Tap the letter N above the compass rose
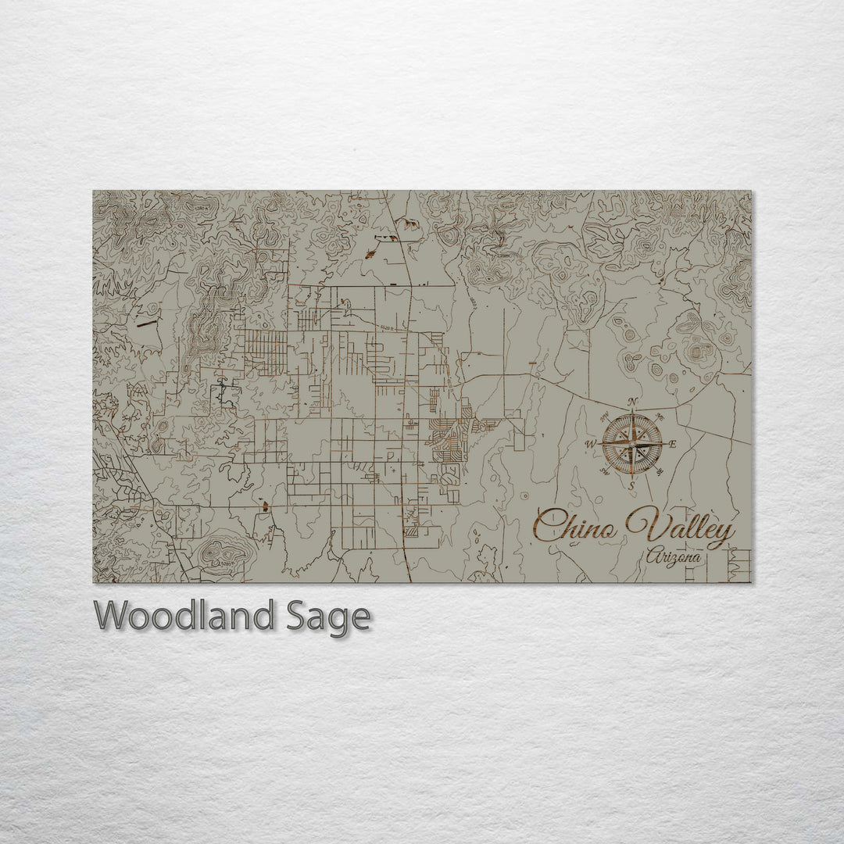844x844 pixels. (x=632, y=403)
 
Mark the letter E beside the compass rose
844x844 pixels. (x=674, y=444)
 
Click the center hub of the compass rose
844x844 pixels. (x=631, y=444)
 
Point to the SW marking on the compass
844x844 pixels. (x=603, y=471)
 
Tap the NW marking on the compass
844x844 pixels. (x=603, y=417)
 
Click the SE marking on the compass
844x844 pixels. (x=661, y=471)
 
